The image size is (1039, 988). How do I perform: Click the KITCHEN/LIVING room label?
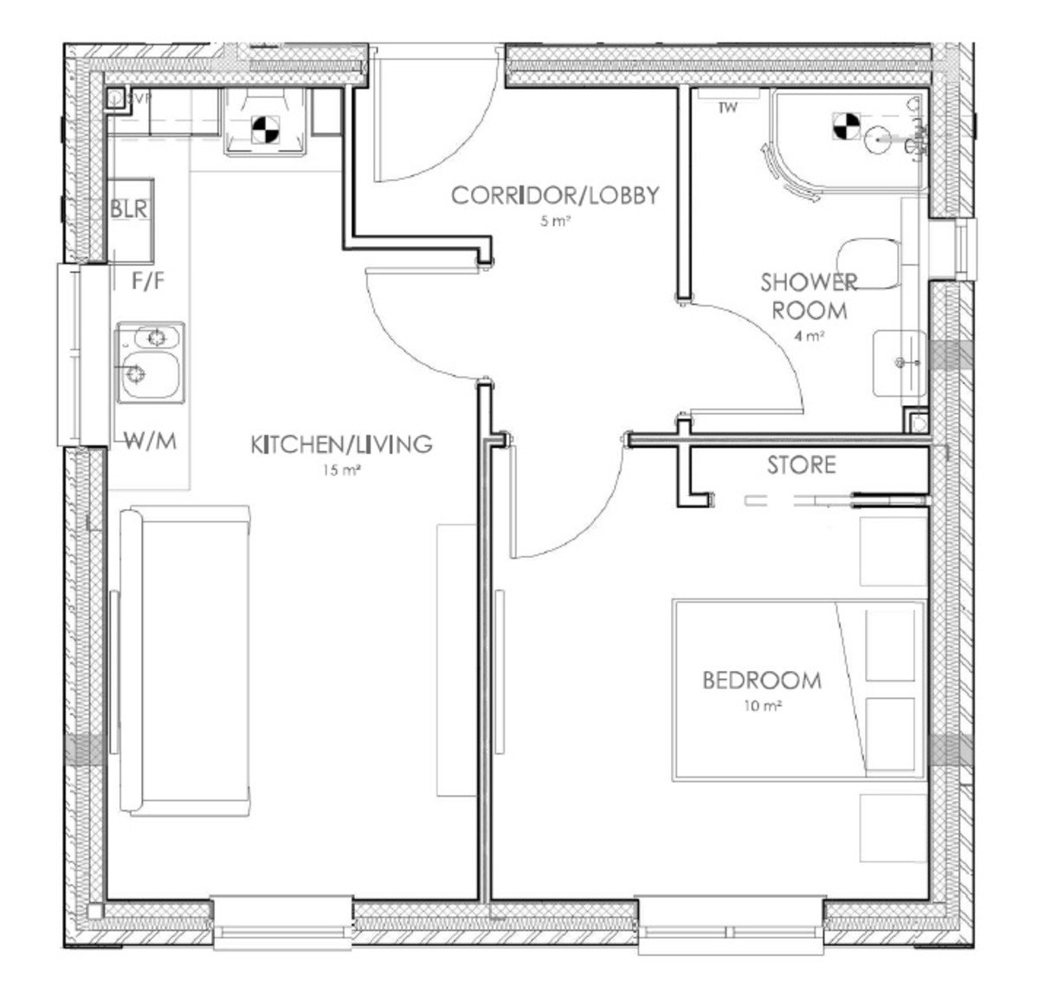(x=340, y=445)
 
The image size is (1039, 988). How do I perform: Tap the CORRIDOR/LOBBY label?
(x=554, y=196)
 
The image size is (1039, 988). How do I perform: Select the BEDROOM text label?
(x=761, y=681)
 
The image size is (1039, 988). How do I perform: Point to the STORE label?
(x=801, y=466)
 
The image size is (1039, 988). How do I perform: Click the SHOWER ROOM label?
(x=809, y=296)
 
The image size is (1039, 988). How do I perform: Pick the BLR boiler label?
(x=128, y=210)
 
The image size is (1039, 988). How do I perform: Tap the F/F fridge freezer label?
(x=148, y=281)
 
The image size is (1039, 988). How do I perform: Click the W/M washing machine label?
(x=150, y=442)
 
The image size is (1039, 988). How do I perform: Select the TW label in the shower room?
(x=727, y=108)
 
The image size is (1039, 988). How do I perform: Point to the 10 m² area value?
(x=762, y=706)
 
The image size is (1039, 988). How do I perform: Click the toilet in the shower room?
(x=866, y=262)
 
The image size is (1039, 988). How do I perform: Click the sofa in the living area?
(x=184, y=662)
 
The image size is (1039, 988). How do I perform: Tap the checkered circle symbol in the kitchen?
(x=264, y=130)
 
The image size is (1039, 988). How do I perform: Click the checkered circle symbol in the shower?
(x=844, y=126)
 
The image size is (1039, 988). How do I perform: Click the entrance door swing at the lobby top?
(x=433, y=130)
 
